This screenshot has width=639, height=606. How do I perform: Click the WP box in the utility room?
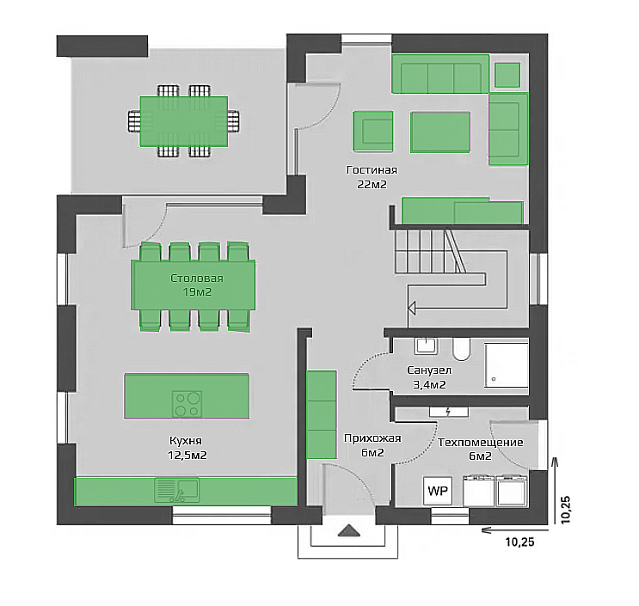438,491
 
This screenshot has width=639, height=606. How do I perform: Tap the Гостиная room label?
372,170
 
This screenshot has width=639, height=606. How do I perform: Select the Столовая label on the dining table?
197,279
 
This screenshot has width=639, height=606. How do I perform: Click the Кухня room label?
186,441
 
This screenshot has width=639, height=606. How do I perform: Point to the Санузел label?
429,370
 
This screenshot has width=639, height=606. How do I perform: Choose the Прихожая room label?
372,438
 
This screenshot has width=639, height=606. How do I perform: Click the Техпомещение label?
481,443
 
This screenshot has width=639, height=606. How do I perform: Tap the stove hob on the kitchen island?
187,404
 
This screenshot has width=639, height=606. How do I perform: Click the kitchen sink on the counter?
177,490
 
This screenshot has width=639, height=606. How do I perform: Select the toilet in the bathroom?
461,350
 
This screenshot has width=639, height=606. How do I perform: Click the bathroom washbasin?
427,346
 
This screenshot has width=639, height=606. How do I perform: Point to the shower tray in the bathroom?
507,365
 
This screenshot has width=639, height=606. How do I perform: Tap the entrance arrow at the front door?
348,531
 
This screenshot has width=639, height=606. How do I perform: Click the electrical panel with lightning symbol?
449,412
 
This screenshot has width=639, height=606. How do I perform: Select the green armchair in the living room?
373,132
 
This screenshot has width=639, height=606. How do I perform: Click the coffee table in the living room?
440,132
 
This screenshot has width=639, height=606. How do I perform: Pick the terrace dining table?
184,121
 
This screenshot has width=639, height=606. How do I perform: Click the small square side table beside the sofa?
507,75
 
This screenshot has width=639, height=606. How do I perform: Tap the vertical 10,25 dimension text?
566,510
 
